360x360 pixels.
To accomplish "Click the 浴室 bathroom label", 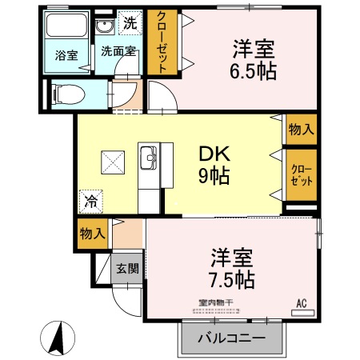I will click(66, 55).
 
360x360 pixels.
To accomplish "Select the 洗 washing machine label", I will click(130, 24).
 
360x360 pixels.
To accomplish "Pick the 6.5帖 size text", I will click(254, 71).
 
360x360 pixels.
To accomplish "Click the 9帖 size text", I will click(214, 176).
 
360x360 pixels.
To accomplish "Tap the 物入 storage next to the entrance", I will click(93, 233).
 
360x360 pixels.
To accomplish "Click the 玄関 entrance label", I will click(127, 268).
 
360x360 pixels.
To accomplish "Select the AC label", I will click(302, 303).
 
